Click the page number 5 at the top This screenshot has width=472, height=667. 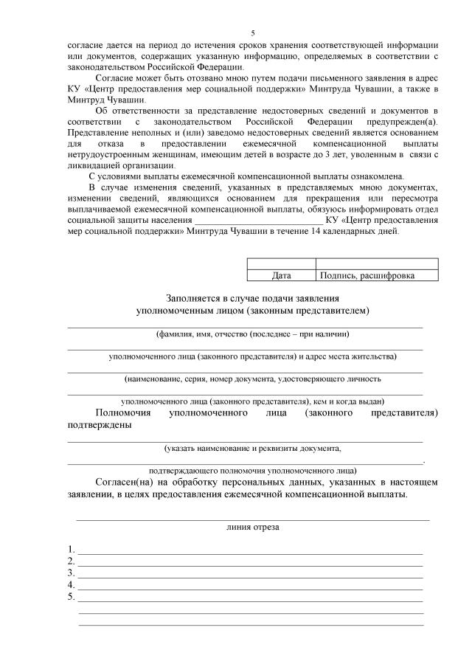click(x=253, y=33)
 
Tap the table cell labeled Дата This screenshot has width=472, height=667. click(x=281, y=276)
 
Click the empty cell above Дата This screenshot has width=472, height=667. click(x=281, y=263)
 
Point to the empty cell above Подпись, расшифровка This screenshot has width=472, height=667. click(x=376, y=263)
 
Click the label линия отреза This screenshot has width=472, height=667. click(x=252, y=528)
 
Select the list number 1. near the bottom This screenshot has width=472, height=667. click(x=71, y=549)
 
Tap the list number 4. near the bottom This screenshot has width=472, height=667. click(x=71, y=584)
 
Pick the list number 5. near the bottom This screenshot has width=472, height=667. click(x=71, y=596)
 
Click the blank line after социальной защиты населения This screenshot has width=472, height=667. click(x=257, y=220)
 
